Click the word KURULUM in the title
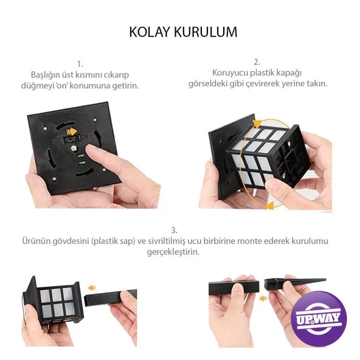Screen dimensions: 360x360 [x=205, y=32]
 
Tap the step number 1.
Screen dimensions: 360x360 [x=80, y=64]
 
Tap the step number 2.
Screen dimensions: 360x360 [x=257, y=61]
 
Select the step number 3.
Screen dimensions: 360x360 [x=174, y=230]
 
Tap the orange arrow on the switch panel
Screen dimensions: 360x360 [x=72, y=131]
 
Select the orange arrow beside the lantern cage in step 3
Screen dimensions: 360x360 [x=92, y=288]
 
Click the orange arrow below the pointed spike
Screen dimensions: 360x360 [x=262, y=299]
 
